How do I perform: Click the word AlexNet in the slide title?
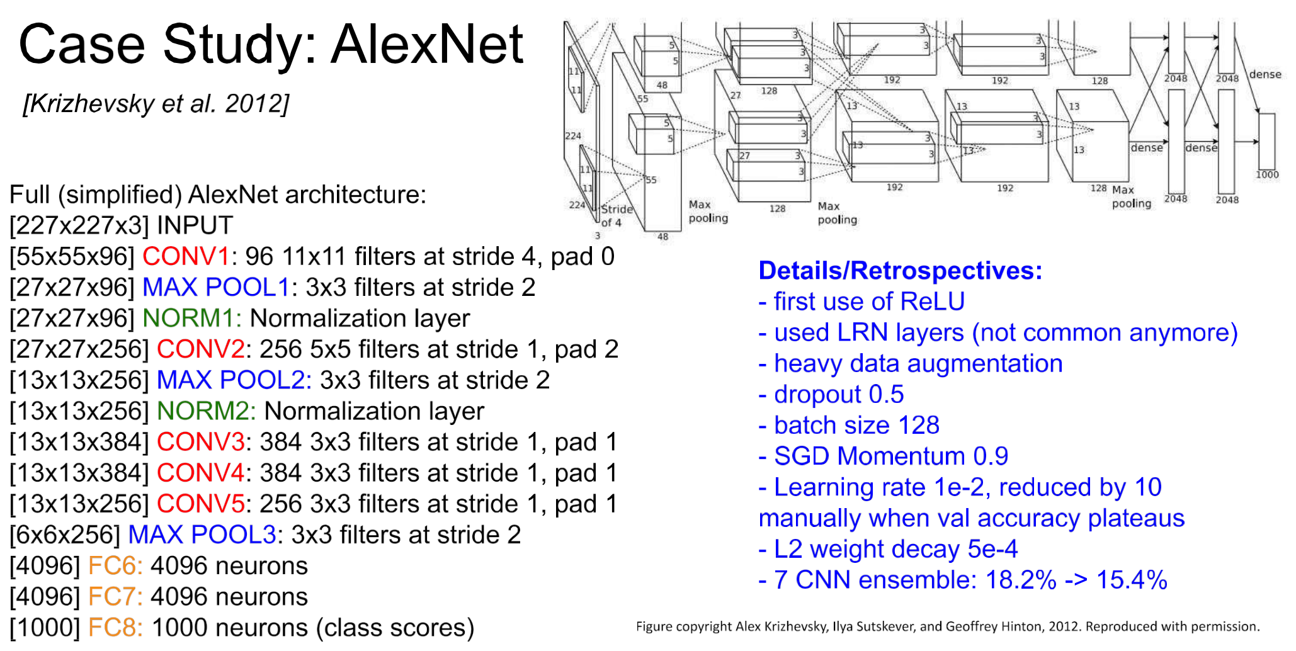pos(428,44)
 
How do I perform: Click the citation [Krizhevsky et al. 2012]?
pos(156,104)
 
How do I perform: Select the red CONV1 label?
pos(186,257)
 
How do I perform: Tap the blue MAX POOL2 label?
pos(234,380)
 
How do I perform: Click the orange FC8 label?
pos(115,628)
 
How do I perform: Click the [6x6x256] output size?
pos(65,535)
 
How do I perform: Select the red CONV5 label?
pos(201,504)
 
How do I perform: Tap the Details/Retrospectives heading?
pos(901,271)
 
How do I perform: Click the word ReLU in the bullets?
pos(933,302)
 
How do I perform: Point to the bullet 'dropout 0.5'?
pos(831,395)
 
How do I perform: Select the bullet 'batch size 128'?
pos(849,426)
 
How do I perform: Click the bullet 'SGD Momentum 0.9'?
pos(884,456)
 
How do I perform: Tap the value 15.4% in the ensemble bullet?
pos(1132,580)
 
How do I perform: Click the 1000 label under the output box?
pos(1267,174)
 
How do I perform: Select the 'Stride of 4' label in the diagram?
pos(616,215)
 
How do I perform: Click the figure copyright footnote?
pos(948,626)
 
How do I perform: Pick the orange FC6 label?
pos(115,566)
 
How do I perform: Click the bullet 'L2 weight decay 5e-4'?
pos(888,549)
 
